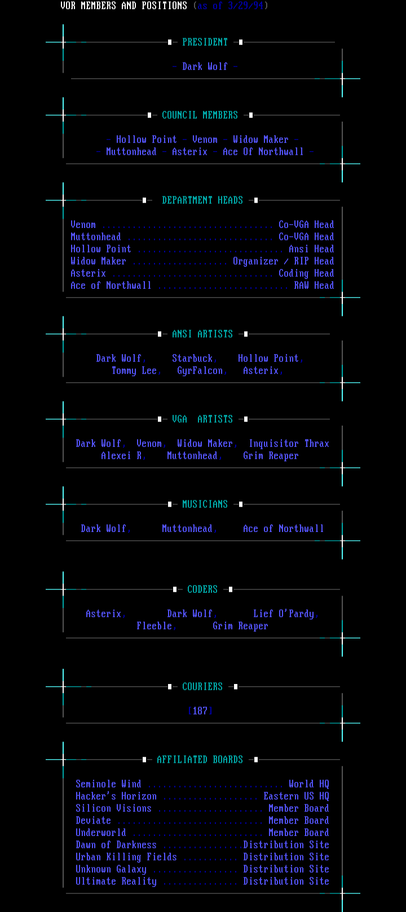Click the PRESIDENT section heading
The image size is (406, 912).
pyautogui.click(x=205, y=42)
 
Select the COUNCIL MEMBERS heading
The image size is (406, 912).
pyautogui.click(x=200, y=115)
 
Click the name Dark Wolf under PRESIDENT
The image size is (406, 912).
pyautogui.click(x=205, y=66)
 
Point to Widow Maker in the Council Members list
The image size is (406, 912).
pyautogui.click(x=261, y=140)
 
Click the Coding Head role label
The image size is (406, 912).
pyautogui.click(x=306, y=274)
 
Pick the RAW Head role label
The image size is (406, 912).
pyautogui.click(x=314, y=285)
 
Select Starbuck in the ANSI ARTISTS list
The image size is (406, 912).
pyautogui.click(x=192, y=359)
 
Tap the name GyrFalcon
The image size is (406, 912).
pyautogui.click(x=200, y=371)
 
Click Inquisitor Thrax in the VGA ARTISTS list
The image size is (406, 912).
pyautogui.click(x=289, y=444)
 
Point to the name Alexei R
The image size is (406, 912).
pyautogui.click(x=121, y=456)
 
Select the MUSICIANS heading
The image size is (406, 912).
pyautogui.click(x=205, y=504)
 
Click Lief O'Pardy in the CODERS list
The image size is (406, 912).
pyautogui.click(x=283, y=614)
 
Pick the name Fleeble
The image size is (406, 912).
pyautogui.click(x=154, y=626)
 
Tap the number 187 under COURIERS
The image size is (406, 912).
pyautogui.click(x=200, y=711)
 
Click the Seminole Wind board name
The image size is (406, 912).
pyautogui.click(x=108, y=784)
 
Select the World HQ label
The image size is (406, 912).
pyautogui.click(x=308, y=784)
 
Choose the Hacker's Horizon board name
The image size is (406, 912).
pyautogui.click(x=116, y=797)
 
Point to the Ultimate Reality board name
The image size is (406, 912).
pyautogui.click(x=116, y=882)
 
